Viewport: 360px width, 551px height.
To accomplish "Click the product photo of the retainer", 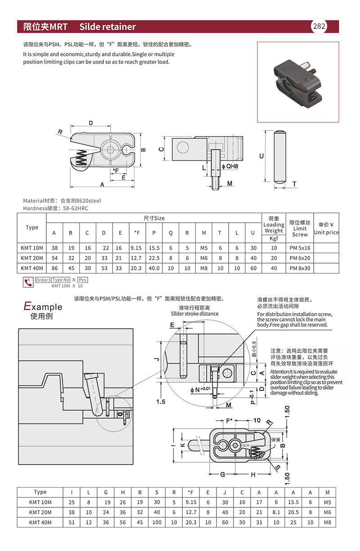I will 297,81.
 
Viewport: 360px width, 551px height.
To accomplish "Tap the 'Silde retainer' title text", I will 107,27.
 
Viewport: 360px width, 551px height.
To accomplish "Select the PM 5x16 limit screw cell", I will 300,248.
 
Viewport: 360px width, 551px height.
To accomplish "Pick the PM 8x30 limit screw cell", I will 300,268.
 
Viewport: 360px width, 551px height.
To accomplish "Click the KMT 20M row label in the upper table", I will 32,258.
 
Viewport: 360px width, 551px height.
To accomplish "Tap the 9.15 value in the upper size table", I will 136,248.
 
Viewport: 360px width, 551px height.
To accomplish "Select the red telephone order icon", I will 28,282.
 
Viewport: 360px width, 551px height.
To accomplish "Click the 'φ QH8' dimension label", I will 230,166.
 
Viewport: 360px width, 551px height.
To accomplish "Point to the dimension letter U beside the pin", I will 262,156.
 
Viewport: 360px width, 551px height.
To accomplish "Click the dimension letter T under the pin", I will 294,184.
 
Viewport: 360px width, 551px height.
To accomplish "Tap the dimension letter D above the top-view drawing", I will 90,123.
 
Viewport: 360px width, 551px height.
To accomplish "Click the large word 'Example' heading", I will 43,307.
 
